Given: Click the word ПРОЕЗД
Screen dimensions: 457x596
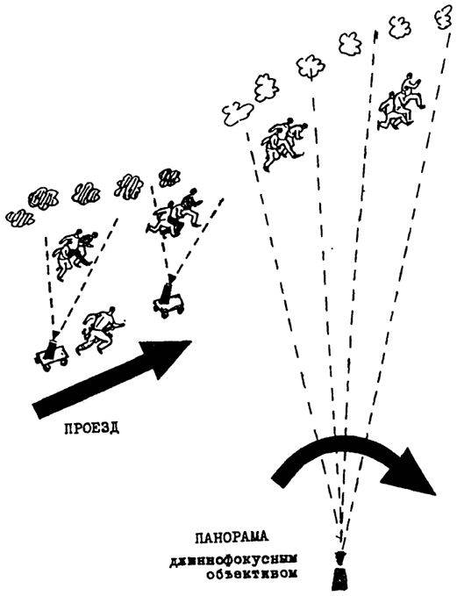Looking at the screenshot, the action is coord(91,428).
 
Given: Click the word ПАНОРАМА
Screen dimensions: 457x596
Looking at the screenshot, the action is coord(232,537).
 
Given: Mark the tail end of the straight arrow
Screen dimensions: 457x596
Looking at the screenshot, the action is coord(37,411).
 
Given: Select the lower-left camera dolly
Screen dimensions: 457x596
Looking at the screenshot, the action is coord(51,352).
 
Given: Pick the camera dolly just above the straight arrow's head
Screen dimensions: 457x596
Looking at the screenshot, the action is coord(168,298).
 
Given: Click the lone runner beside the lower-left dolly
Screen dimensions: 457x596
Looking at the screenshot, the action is coord(99,332).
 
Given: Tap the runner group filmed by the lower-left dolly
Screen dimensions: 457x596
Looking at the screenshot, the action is coord(75,254).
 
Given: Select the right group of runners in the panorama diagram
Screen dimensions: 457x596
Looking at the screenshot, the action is coord(402,103).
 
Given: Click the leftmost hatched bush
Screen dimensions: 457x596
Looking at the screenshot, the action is coord(20,219).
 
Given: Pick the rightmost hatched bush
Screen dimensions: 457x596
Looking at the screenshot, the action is coord(169,178).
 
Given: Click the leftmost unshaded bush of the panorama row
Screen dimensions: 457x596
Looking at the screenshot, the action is coord(238,112).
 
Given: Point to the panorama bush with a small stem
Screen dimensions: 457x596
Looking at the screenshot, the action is coord(311,68).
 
